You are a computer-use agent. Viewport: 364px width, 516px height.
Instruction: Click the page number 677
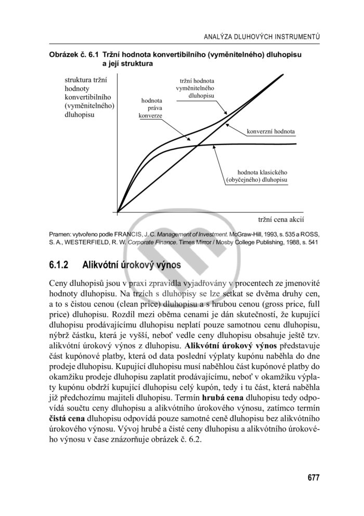(x=313, y=478)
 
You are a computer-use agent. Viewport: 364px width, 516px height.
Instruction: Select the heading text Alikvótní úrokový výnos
(x=132, y=264)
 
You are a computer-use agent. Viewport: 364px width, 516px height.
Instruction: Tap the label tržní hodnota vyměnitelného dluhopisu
(x=197, y=88)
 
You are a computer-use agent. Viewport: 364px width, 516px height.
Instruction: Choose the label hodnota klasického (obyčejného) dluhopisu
(x=257, y=176)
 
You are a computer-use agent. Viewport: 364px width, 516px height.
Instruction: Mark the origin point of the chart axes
(x=118, y=211)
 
